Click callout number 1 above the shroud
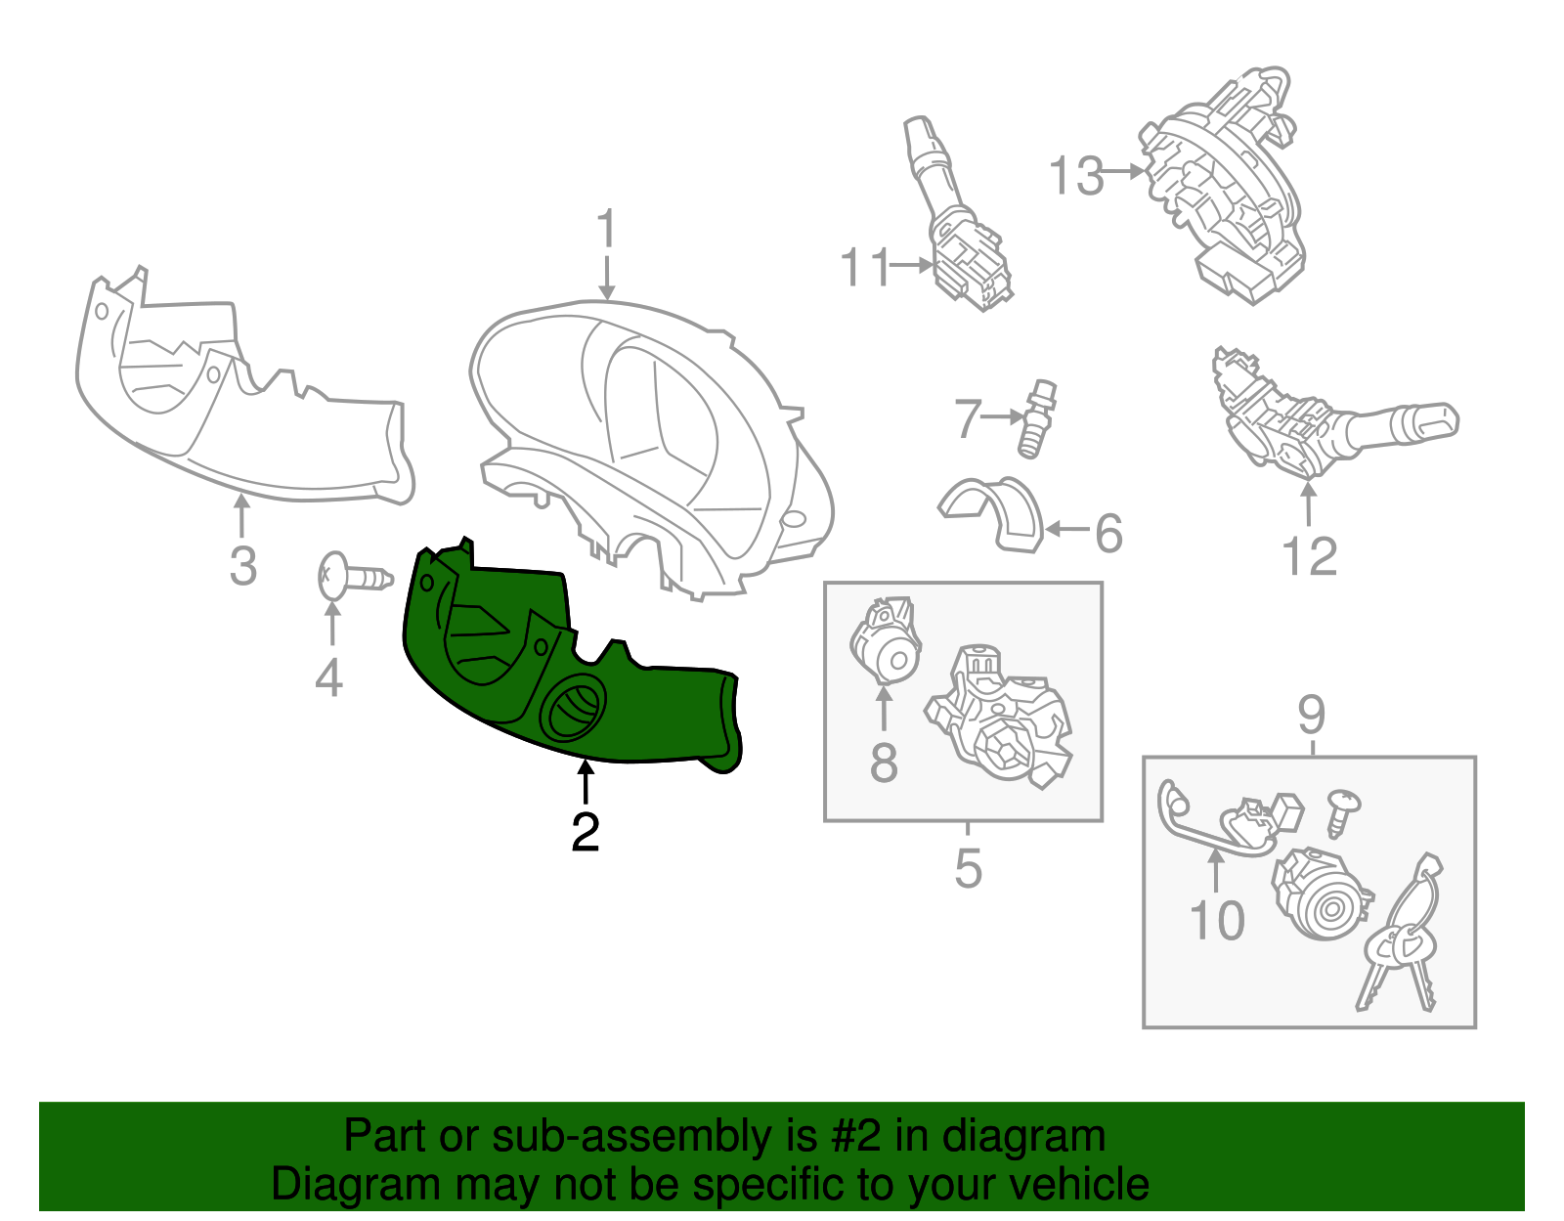point(607,228)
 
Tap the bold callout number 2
point(586,833)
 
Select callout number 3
point(243,566)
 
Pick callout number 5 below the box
point(968,868)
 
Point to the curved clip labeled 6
point(993,513)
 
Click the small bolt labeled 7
point(1036,418)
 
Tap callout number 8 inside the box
point(884,763)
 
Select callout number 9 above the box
point(1311,715)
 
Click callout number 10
point(1217,920)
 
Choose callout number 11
point(866,267)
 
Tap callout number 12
point(1310,556)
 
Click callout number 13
point(1076,176)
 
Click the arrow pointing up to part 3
point(242,515)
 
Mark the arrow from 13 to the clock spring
point(1123,171)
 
